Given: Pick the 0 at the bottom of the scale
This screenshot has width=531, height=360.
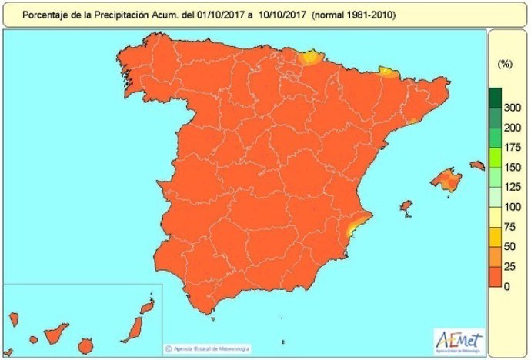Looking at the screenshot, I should [506, 286].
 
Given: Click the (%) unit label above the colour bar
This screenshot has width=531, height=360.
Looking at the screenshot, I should [506, 62].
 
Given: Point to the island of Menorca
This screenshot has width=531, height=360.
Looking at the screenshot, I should [477, 164].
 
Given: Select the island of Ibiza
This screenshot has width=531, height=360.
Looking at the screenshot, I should [406, 206].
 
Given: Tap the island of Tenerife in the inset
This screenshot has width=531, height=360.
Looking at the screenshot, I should [54, 333].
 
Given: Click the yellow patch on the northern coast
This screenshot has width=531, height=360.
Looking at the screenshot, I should [311, 57].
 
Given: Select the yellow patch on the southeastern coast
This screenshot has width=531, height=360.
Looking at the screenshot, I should [355, 226].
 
